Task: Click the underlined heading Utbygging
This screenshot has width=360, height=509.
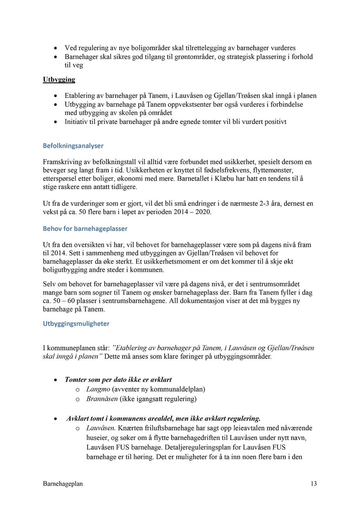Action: (x=59, y=80)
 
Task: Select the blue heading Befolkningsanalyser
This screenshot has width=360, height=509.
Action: (x=73, y=146)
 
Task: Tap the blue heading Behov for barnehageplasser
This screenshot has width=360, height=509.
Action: (x=85, y=229)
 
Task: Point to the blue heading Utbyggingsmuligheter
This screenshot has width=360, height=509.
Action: (x=76, y=324)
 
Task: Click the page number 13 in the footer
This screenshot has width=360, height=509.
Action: (x=313, y=484)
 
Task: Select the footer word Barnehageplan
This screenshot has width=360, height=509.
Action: (x=63, y=484)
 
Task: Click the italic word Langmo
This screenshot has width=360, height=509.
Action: (x=98, y=389)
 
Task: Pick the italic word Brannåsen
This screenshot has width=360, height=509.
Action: (x=102, y=399)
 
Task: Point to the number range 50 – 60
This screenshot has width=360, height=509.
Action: (x=59, y=301)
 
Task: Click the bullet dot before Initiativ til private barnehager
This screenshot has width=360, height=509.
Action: (x=55, y=122)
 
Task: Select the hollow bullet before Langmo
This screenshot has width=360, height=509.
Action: (x=77, y=390)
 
